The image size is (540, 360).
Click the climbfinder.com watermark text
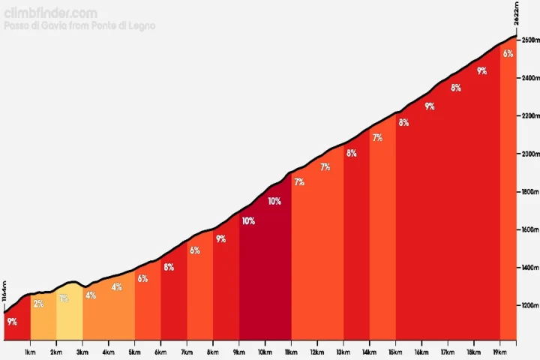50,13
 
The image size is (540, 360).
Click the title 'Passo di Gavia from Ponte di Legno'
79,26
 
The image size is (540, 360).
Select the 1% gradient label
64,298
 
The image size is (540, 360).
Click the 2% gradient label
38,304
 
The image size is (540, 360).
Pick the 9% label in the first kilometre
12,322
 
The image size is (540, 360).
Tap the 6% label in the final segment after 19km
508,53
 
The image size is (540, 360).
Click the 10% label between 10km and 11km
274,201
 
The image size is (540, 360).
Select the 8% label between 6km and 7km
169,267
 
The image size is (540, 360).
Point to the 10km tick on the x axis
265,352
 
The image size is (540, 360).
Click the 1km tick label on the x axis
31,352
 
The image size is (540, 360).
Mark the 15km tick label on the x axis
395,352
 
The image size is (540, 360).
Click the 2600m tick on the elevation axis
530,40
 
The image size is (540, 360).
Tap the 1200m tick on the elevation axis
530,306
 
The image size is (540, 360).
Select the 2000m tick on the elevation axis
530,154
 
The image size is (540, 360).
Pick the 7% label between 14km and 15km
377,137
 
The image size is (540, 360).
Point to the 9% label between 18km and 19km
481,71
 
